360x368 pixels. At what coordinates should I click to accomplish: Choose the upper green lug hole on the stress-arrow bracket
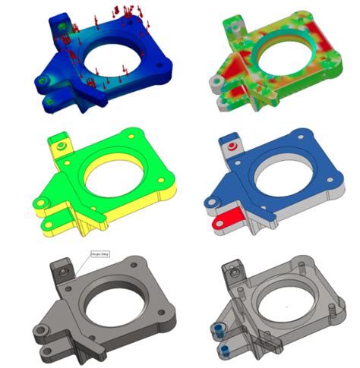(x=42, y=82)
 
